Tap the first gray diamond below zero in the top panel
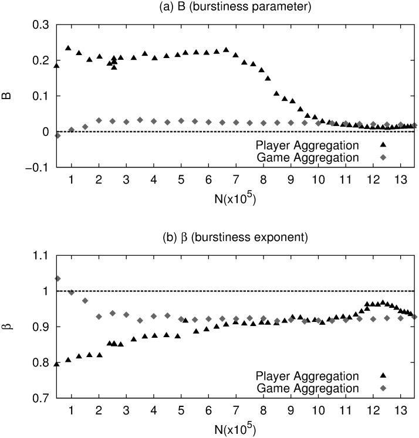[x=58, y=135]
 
